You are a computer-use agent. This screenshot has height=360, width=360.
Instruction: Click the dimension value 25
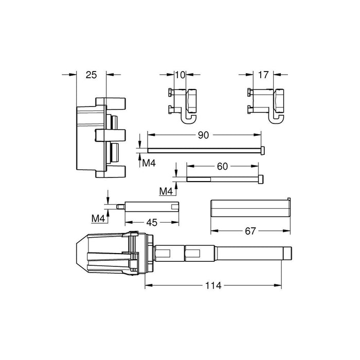click(91, 75)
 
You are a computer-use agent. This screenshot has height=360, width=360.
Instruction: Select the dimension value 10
click(180, 75)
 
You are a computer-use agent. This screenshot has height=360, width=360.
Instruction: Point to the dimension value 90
click(203, 135)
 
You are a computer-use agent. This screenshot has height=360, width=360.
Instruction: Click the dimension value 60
click(222, 166)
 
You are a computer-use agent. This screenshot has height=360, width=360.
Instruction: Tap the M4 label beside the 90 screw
click(149, 163)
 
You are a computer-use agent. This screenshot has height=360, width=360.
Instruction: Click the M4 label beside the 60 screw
click(166, 191)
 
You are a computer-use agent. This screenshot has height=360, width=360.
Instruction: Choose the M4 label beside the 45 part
click(98, 219)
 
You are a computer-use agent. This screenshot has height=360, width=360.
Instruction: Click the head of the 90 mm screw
click(263, 150)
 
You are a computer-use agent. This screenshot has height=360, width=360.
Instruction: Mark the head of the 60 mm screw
click(262, 179)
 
